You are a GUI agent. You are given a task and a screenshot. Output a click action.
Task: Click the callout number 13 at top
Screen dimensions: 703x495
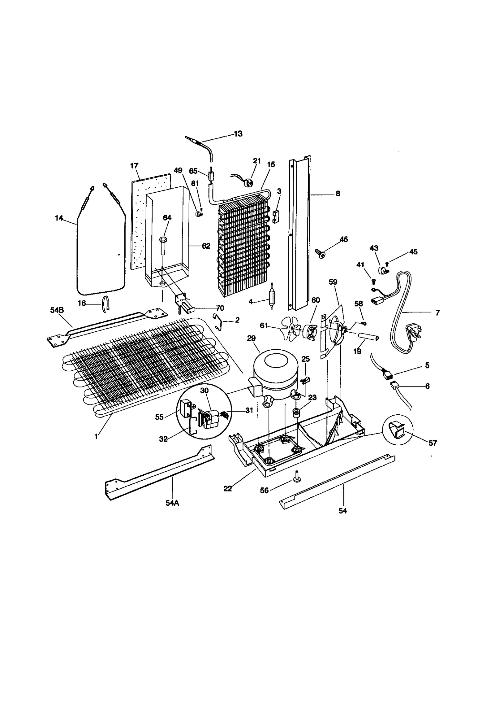pyautogui.click(x=238, y=134)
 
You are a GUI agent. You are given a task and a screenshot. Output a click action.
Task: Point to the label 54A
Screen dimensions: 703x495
pyautogui.click(x=172, y=503)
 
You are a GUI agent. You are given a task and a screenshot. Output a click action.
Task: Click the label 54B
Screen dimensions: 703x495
pyautogui.click(x=57, y=310)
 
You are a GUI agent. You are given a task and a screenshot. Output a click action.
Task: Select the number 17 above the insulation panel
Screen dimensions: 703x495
pyautogui.click(x=134, y=166)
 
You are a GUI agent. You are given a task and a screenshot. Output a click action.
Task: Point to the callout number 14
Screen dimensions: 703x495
pyautogui.click(x=59, y=218)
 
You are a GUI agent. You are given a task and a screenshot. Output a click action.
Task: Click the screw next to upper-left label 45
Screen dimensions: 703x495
pyautogui.click(x=320, y=254)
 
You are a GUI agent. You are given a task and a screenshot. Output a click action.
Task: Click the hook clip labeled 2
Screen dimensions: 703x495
pyautogui.click(x=220, y=322)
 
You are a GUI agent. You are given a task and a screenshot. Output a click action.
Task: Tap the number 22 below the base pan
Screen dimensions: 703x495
pyautogui.click(x=228, y=489)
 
